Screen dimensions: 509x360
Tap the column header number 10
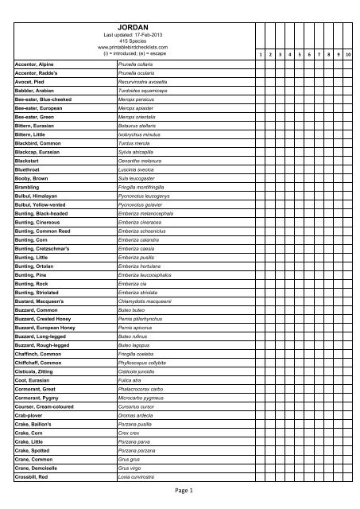349,55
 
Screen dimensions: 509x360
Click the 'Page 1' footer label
180,492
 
